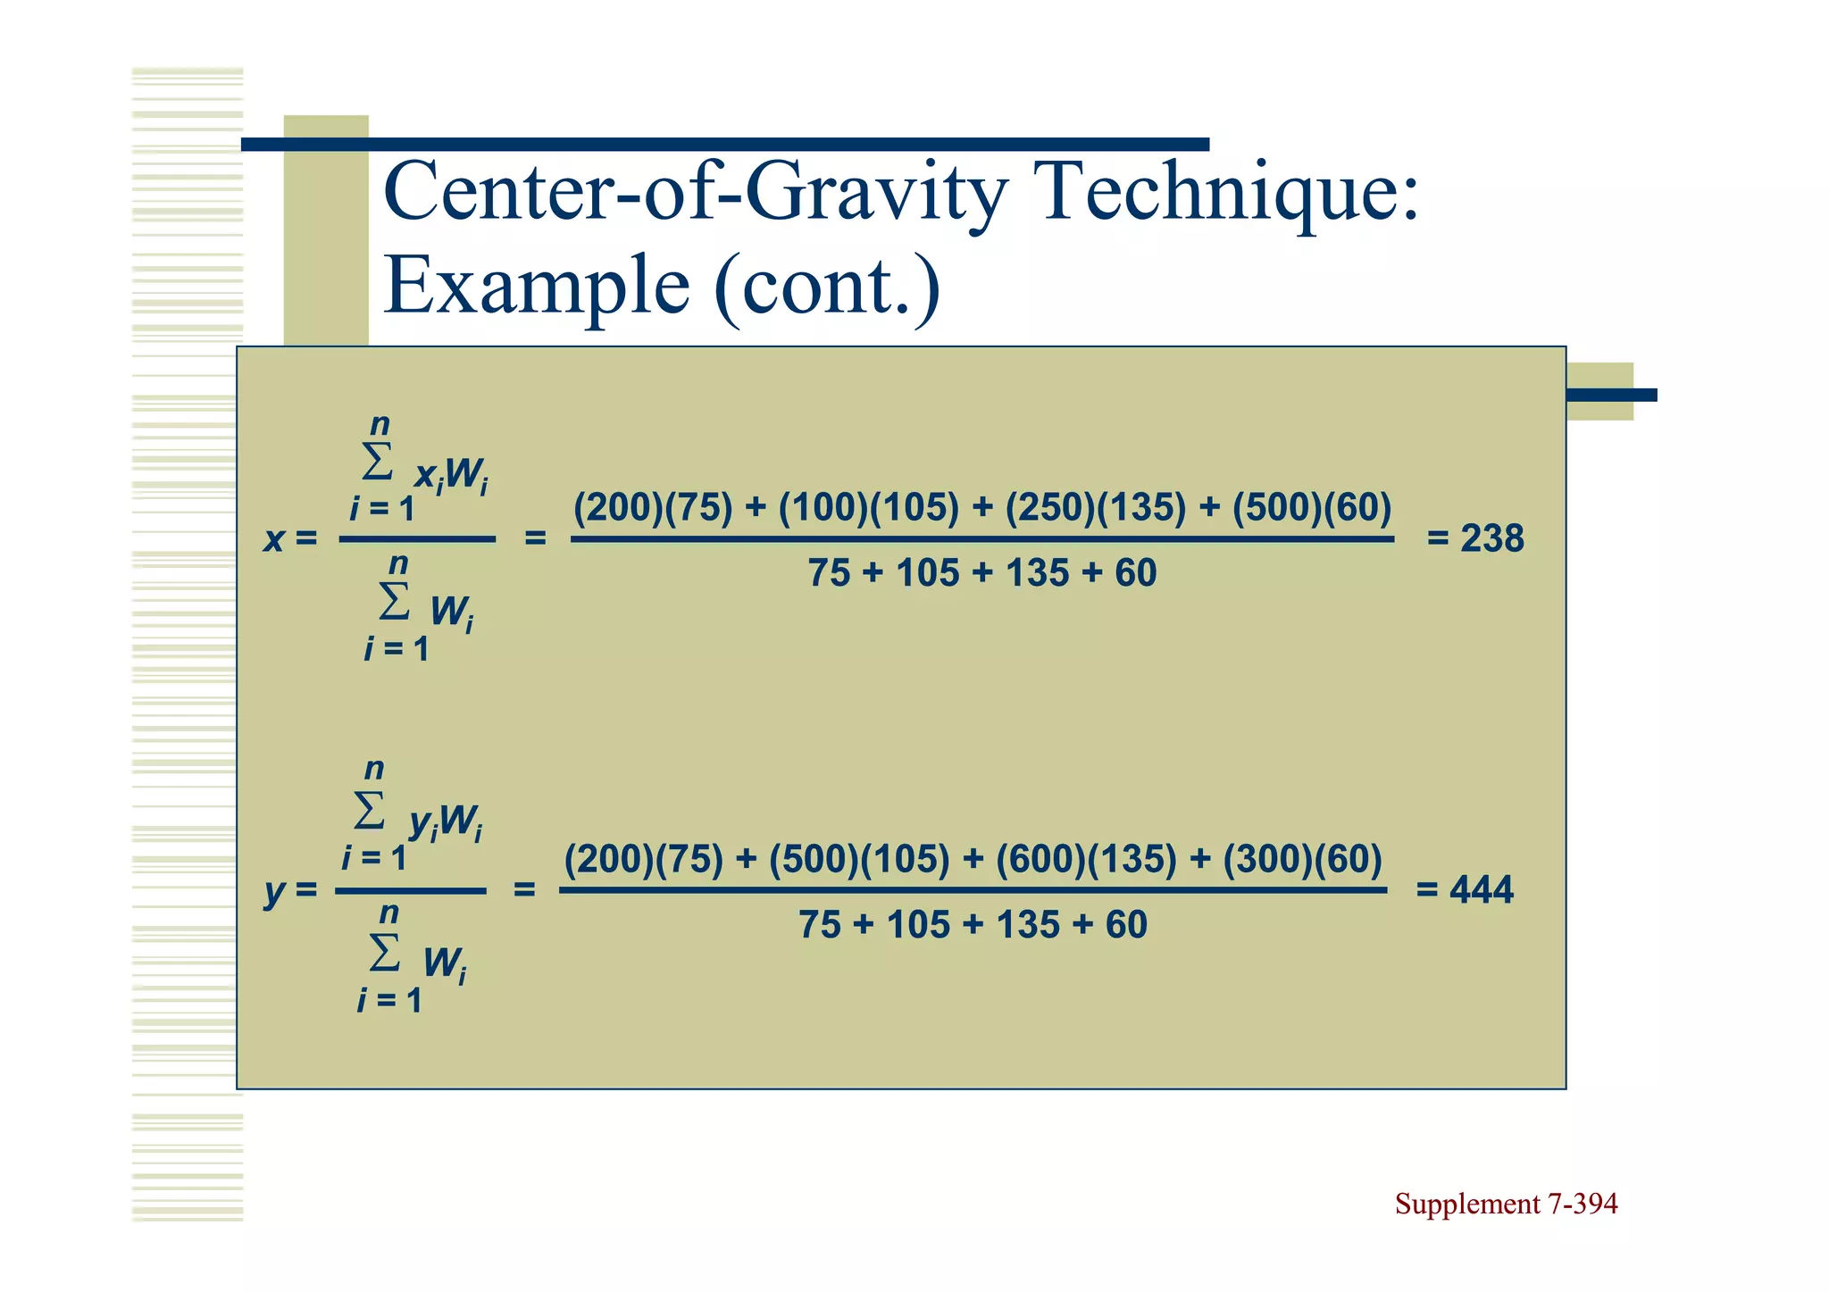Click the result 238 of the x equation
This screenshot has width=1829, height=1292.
click(x=1491, y=538)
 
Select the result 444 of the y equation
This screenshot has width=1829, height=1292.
click(x=1482, y=890)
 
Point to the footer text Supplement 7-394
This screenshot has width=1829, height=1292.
click(x=1506, y=1204)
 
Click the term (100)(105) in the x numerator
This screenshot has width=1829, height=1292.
click(x=868, y=507)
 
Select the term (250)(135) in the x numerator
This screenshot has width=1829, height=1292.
click(x=1096, y=507)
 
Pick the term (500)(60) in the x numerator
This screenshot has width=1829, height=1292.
click(x=1312, y=507)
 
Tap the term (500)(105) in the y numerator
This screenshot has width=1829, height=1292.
click(x=859, y=859)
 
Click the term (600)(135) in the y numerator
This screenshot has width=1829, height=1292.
click(x=1086, y=859)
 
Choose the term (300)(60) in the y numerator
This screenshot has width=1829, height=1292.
click(x=1302, y=859)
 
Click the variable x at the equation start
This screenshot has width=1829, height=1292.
click(x=273, y=539)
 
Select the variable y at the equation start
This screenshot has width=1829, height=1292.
click(x=274, y=892)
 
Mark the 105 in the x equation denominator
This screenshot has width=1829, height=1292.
click(x=927, y=573)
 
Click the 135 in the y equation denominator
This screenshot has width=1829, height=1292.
click(x=1027, y=925)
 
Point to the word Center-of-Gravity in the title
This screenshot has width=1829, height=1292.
click(x=696, y=192)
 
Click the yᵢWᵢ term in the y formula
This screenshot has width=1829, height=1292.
click(x=445, y=823)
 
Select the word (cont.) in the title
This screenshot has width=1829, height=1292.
click(x=827, y=286)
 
